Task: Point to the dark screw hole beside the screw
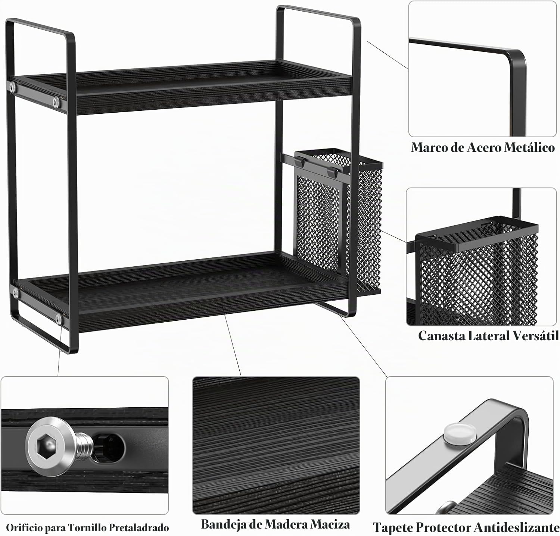click(x=109, y=447)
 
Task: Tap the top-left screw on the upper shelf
click(x=13, y=87)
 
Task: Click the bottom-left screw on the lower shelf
click(x=58, y=318)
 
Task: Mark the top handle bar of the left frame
click(x=39, y=27)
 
